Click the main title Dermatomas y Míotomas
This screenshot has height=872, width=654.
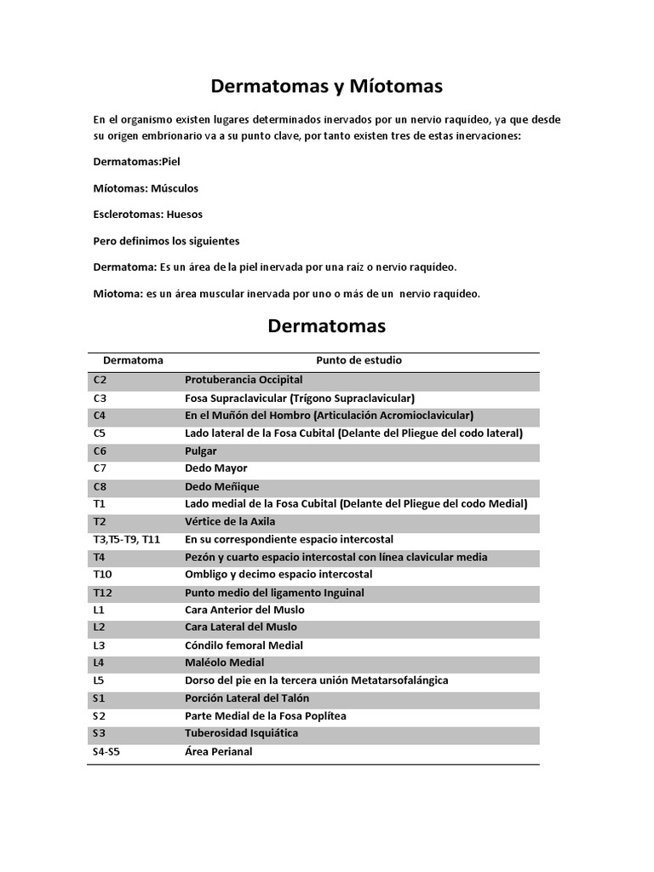[327, 86]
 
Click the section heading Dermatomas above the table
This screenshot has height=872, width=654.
[326, 325]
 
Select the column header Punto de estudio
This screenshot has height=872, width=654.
[359, 360]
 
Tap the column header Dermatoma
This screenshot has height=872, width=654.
[133, 360]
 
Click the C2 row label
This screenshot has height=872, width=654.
[100, 380]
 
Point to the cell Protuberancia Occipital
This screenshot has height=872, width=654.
[244, 380]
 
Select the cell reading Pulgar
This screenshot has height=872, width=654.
[201, 451]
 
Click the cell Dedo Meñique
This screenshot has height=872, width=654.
[221, 486]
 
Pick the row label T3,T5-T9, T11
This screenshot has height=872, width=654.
[126, 540]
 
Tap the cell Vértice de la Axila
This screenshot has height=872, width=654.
[230, 522]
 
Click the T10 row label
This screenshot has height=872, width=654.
[102, 575]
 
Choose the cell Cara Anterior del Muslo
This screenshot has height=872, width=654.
[244, 611]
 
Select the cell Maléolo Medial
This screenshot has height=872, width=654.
[225, 663]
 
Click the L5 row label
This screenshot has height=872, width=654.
[99, 680]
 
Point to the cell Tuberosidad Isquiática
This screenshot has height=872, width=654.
[242, 733]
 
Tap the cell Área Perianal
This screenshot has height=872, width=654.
[219, 752]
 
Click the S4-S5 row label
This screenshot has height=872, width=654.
[107, 752]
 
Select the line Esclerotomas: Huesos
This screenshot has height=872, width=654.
[148, 215]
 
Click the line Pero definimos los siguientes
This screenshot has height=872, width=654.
[166, 241]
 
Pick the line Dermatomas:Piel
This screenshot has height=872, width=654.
[137, 162]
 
